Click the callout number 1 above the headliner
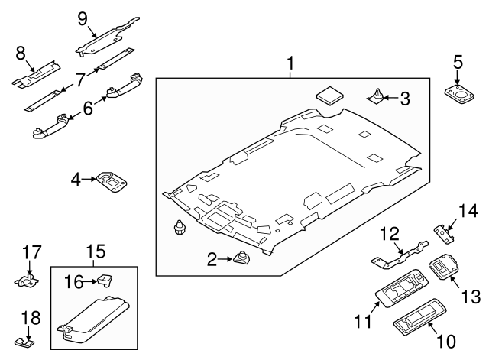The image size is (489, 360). click(x=290, y=61)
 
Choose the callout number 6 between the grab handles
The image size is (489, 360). click(x=88, y=109)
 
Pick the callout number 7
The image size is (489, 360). click(x=79, y=78)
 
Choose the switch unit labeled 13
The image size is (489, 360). click(x=444, y=268)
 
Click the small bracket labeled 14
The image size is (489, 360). click(x=443, y=230)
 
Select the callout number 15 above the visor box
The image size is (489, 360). click(x=95, y=251)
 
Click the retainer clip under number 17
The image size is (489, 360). click(x=28, y=280)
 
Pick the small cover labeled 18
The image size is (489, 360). click(x=25, y=338)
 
